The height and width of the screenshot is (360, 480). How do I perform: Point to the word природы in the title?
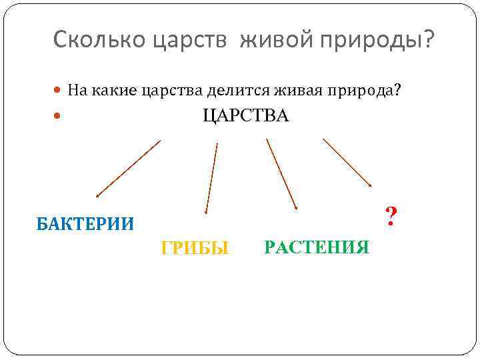click(x=373, y=41)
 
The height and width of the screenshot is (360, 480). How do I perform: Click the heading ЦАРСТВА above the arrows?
click(x=245, y=117)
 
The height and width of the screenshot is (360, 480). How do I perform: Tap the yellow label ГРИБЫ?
click(x=195, y=249)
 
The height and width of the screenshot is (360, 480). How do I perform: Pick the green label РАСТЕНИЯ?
click(x=316, y=248)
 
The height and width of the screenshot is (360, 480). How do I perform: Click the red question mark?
click(x=391, y=215)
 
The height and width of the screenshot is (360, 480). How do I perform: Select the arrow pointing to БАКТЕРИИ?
click(x=128, y=169)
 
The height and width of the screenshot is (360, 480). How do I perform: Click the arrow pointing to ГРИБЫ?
click(x=211, y=177)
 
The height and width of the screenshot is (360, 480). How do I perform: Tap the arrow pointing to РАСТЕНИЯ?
click(x=281, y=175)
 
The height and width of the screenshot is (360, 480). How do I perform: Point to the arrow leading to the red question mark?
click(x=347, y=163)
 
